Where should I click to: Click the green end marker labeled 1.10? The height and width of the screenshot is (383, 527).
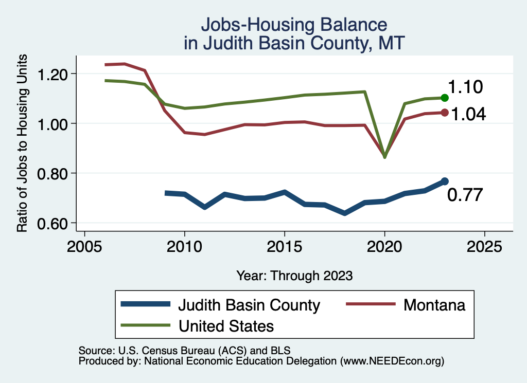click(x=445, y=98)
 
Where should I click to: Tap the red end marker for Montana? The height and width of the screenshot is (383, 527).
click(x=445, y=113)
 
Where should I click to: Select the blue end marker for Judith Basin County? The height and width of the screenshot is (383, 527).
click(x=445, y=181)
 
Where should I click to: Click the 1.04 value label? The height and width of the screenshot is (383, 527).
click(x=468, y=114)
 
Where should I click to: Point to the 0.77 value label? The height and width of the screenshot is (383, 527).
click(x=465, y=195)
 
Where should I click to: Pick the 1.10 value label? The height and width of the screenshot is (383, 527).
click(x=465, y=87)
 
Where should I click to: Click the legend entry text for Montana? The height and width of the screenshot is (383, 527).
click(x=434, y=305)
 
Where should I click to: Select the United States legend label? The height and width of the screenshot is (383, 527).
click(x=226, y=325)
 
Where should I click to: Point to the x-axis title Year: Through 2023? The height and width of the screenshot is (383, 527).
click(x=294, y=276)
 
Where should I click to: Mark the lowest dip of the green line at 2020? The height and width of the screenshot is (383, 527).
click(x=384, y=157)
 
